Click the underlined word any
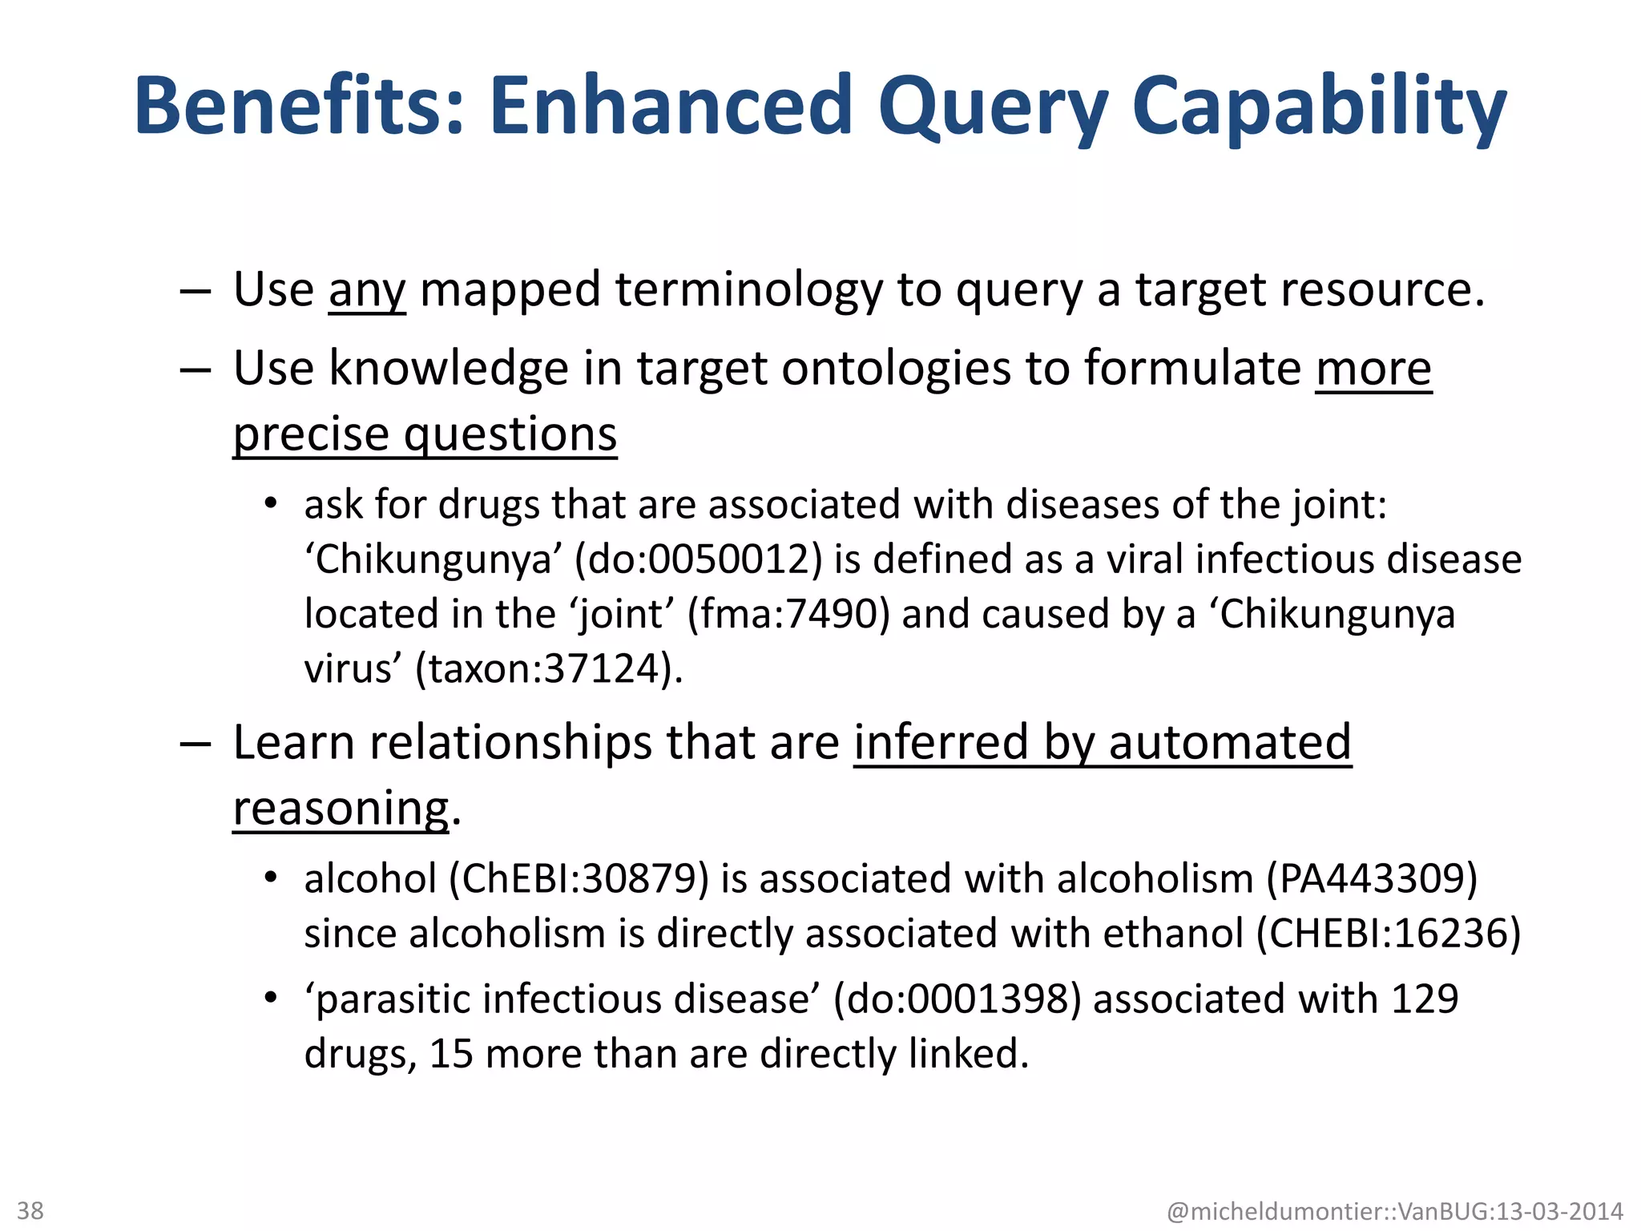(367, 290)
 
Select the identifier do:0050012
(699, 559)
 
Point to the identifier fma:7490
(788, 615)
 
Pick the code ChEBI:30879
(579, 879)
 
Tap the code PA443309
(1372, 879)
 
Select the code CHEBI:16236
(1388, 934)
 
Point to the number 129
(1425, 999)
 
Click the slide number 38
(30, 1210)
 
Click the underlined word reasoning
(341, 808)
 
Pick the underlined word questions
(510, 435)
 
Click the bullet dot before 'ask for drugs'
(272, 504)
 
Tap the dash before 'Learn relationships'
(195, 744)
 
